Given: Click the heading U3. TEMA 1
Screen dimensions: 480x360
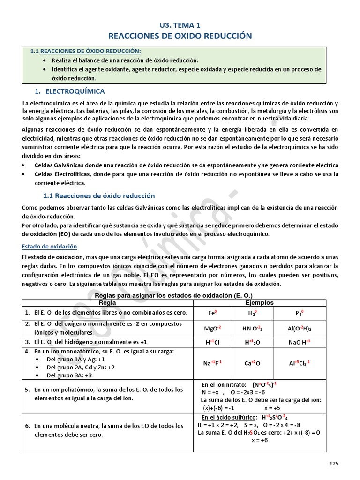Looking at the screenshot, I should click(180, 25).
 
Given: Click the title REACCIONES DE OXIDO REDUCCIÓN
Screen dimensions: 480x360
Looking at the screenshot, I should click(180, 36).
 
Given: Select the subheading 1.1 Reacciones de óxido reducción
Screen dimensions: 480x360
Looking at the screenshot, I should click(98, 195).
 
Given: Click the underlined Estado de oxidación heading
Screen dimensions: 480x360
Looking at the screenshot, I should click(50, 246).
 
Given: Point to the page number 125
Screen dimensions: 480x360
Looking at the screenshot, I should click(333, 464).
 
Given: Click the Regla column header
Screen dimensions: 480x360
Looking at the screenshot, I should click(107, 303).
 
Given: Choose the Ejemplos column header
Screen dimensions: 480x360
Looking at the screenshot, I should click(266, 303).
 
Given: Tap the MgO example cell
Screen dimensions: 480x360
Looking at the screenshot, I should click(212, 328).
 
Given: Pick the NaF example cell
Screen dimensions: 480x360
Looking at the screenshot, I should click(212, 363).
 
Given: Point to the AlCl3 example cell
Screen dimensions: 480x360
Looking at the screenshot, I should click(300, 363).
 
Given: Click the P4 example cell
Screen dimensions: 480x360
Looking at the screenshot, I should click(300, 313).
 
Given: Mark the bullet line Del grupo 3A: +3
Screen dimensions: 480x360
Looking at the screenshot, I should click(69, 375).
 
